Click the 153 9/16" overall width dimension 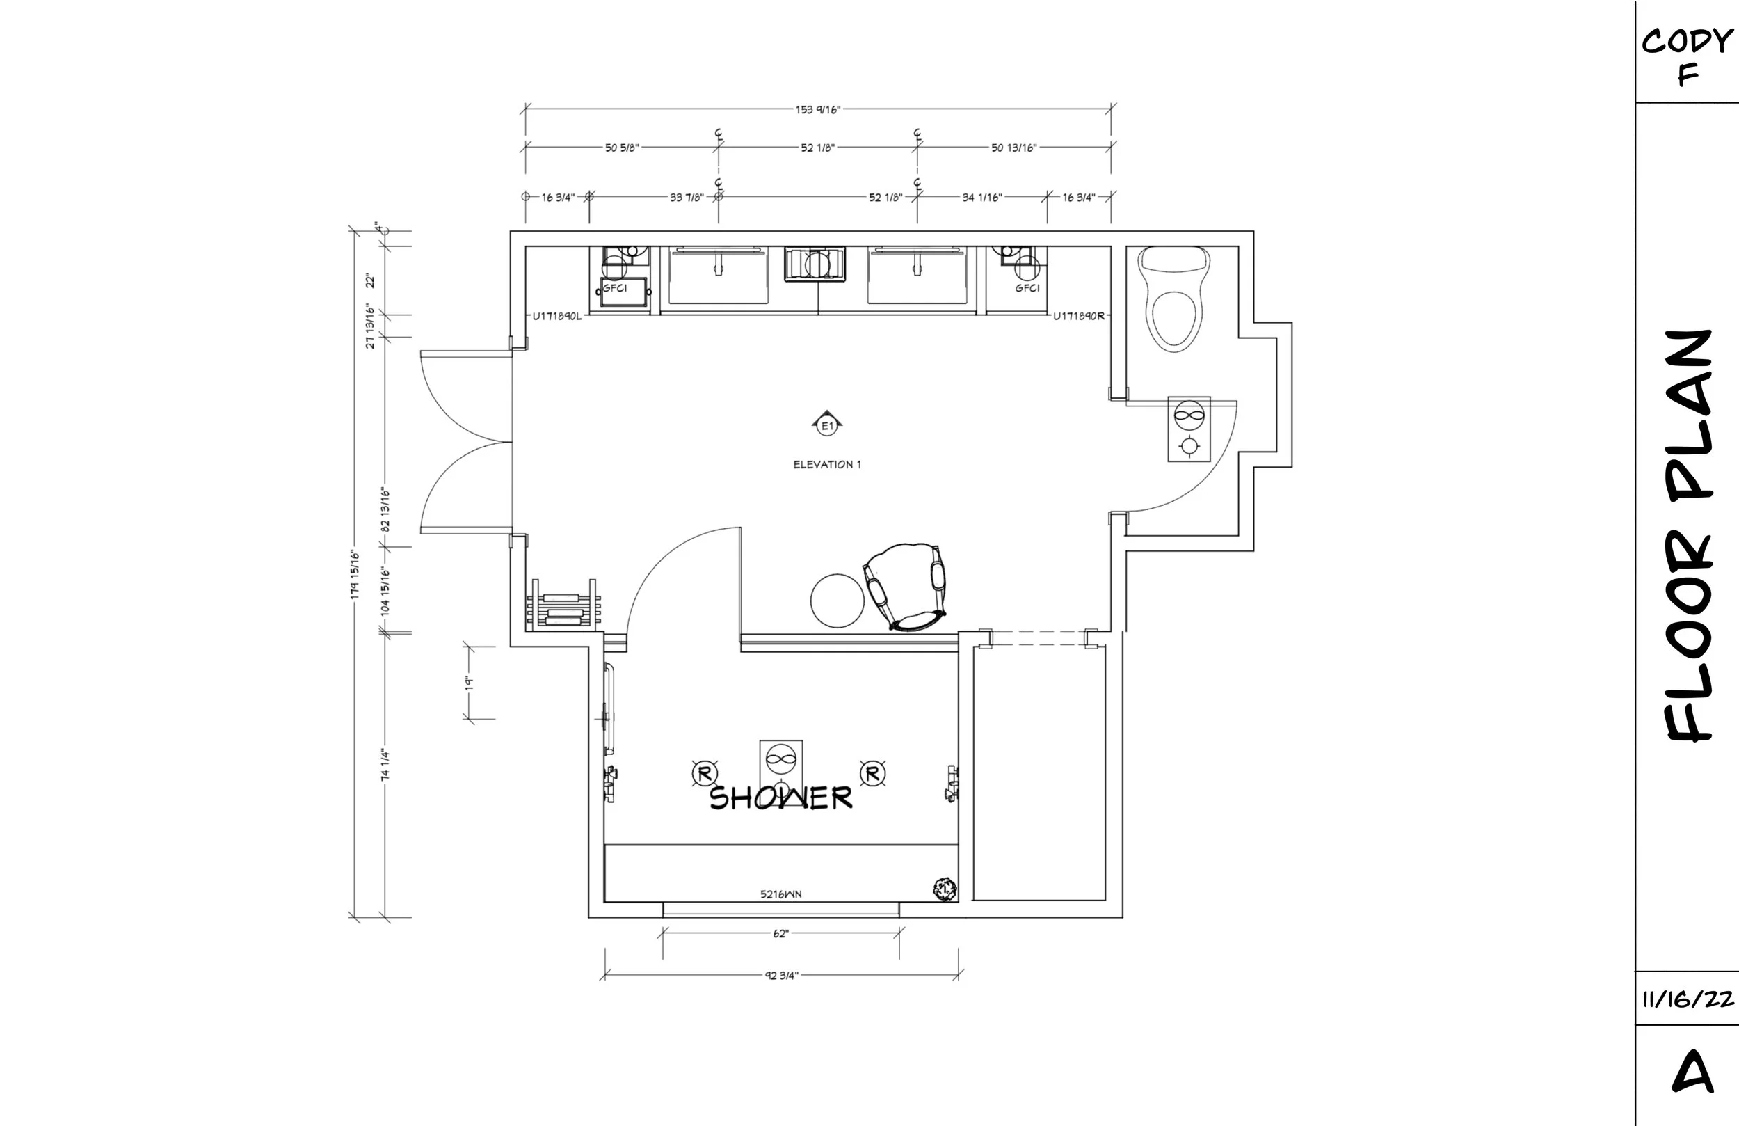817,110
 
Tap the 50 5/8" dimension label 622,148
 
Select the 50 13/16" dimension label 1013,148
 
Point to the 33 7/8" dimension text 687,198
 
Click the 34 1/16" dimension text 982,198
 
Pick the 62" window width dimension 781,934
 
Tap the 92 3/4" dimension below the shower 782,976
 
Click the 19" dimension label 470,683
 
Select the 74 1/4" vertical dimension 385,764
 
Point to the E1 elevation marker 827,424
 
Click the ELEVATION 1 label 827,464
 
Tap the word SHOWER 780,798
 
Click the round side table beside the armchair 838,601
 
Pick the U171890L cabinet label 556,317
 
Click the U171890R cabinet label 1078,317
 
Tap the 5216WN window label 780,894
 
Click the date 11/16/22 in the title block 1688,999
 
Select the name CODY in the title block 1687,41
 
